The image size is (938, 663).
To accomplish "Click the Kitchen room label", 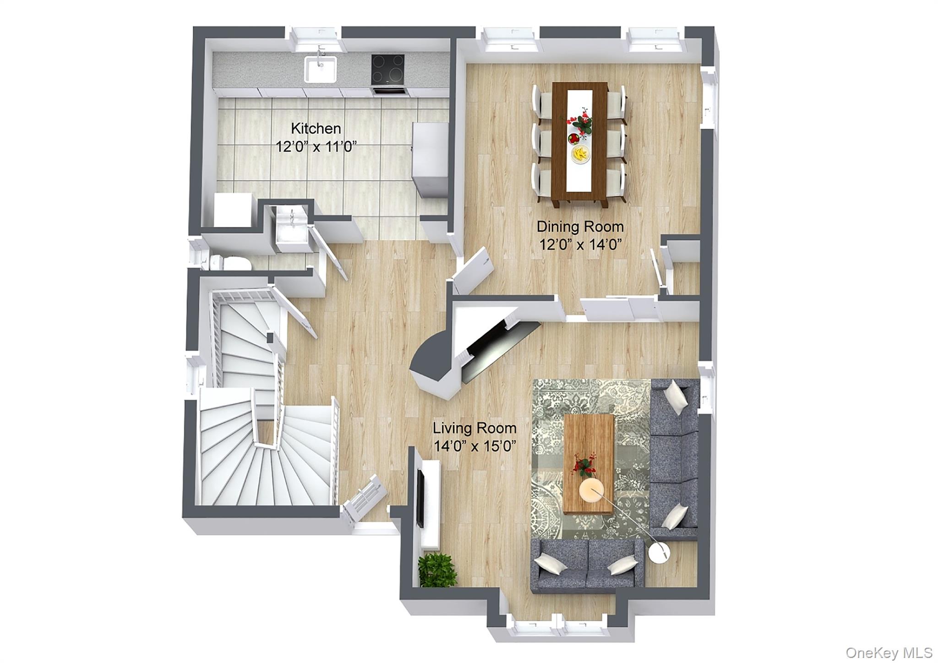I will (x=316, y=128).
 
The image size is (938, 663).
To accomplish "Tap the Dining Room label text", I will (x=580, y=227).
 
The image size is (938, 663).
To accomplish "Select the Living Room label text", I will (x=474, y=429).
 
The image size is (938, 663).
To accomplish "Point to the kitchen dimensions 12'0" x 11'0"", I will (x=316, y=147).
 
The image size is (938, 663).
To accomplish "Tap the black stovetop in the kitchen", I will (x=388, y=69).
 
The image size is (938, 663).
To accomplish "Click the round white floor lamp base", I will (x=659, y=553).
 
